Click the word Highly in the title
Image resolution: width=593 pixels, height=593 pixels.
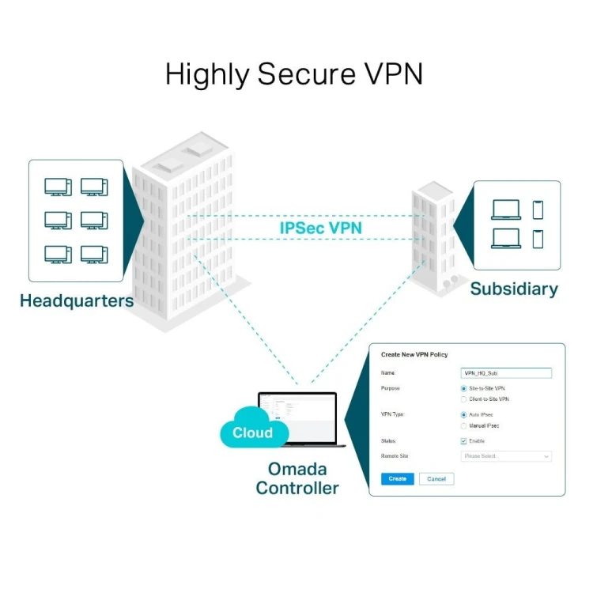(x=207, y=74)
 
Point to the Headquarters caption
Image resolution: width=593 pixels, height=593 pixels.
(x=77, y=300)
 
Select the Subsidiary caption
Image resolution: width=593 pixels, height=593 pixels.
(x=513, y=289)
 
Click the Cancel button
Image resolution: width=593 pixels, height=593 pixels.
(x=436, y=478)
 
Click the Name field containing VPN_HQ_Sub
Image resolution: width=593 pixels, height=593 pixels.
(x=505, y=373)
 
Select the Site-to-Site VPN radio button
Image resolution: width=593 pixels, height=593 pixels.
(x=463, y=389)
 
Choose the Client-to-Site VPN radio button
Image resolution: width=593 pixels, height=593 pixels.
(x=463, y=399)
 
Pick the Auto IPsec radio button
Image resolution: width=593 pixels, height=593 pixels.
(x=463, y=415)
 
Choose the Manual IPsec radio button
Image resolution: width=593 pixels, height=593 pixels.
(x=463, y=425)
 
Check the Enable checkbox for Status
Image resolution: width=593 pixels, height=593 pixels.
(x=463, y=441)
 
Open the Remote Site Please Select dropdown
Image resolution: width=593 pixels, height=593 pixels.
(x=505, y=456)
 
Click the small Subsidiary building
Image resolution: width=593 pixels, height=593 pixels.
(x=432, y=237)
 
